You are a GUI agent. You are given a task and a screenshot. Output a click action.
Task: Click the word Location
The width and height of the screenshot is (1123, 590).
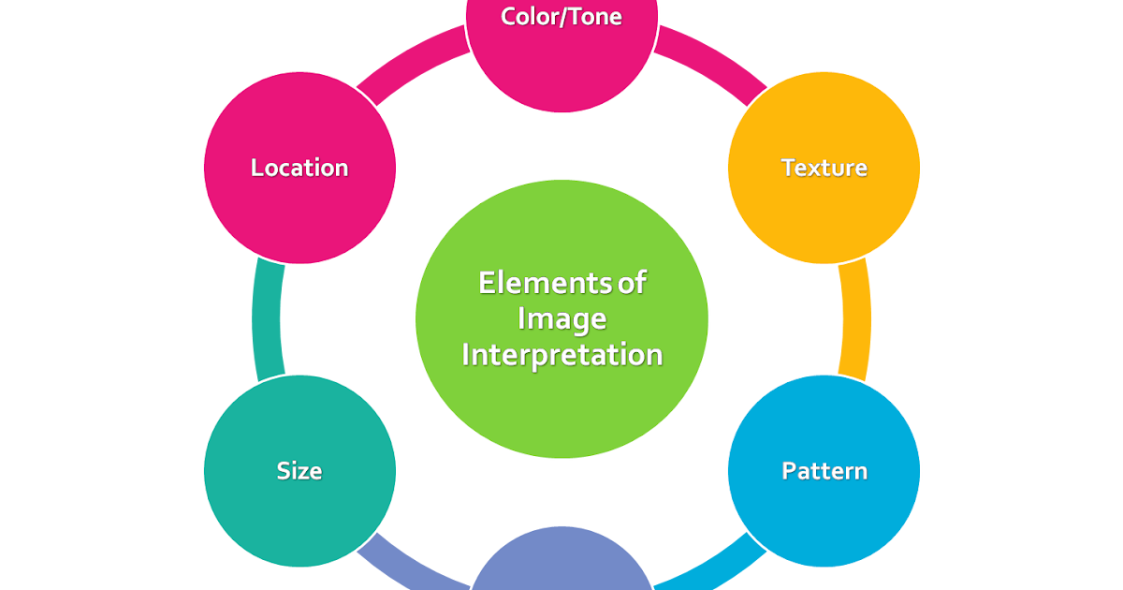pos(299,168)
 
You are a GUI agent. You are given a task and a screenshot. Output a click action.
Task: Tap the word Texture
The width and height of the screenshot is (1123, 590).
pos(824,168)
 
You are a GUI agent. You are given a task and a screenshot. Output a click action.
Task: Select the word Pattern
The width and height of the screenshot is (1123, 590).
pos(824,470)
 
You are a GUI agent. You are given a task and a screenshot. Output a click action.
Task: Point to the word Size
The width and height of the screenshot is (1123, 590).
pos(299,470)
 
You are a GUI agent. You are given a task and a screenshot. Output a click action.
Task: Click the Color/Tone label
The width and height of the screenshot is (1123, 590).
pos(561,17)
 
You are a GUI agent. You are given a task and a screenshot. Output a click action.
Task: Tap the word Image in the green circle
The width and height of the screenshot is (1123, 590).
pos(561,319)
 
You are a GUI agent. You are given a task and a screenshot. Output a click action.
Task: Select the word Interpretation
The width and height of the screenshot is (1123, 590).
pos(561,356)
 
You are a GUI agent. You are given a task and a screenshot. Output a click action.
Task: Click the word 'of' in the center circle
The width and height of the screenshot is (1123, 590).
pos(632,283)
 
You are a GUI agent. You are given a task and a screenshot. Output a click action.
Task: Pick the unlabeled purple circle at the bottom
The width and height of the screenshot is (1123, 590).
pos(561,567)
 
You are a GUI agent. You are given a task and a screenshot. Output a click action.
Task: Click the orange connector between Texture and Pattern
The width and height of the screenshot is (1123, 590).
pos(855,318)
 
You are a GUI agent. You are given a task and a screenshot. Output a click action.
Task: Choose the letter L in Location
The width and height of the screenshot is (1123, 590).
pos(256,168)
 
